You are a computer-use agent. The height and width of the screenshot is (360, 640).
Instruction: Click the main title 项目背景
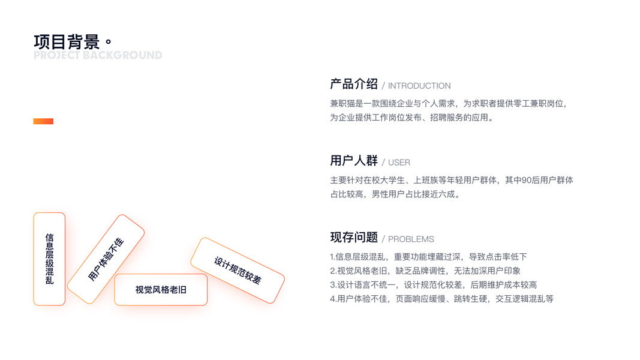pyautogui.click(x=67, y=42)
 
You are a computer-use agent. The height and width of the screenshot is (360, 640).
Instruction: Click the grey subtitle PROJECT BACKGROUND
pyautogui.click(x=98, y=55)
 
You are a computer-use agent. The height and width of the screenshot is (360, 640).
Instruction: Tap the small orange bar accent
pyautogui.click(x=43, y=121)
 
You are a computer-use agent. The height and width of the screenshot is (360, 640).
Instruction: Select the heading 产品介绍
pyautogui.click(x=353, y=84)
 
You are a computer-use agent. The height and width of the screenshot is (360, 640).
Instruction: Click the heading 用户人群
pyautogui.click(x=353, y=161)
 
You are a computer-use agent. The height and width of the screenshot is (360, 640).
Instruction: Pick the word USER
pyautogui.click(x=399, y=163)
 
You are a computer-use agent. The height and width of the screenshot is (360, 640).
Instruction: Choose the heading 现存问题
pyautogui.click(x=353, y=237)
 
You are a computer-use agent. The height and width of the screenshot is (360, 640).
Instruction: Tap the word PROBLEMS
pyautogui.click(x=410, y=239)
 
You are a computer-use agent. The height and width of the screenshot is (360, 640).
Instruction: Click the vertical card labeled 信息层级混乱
pyautogui.click(x=49, y=259)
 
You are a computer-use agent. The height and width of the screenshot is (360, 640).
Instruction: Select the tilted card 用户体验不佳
pyautogui.click(x=106, y=259)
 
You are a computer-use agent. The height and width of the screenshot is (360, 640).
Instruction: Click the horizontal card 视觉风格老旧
pyautogui.click(x=161, y=290)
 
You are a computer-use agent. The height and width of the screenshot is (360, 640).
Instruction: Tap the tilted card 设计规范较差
pyautogui.click(x=238, y=270)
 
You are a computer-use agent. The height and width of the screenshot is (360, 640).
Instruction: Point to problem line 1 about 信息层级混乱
pyautogui.click(x=428, y=257)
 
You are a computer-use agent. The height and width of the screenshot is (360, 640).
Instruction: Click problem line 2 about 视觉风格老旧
pyautogui.click(x=425, y=271)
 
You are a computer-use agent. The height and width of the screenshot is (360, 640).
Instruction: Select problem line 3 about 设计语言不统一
pyautogui.click(x=433, y=285)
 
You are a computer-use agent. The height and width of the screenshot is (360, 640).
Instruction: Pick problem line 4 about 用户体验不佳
pyautogui.click(x=441, y=299)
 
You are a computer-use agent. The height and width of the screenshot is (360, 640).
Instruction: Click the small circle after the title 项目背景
pyautogui.click(x=108, y=43)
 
